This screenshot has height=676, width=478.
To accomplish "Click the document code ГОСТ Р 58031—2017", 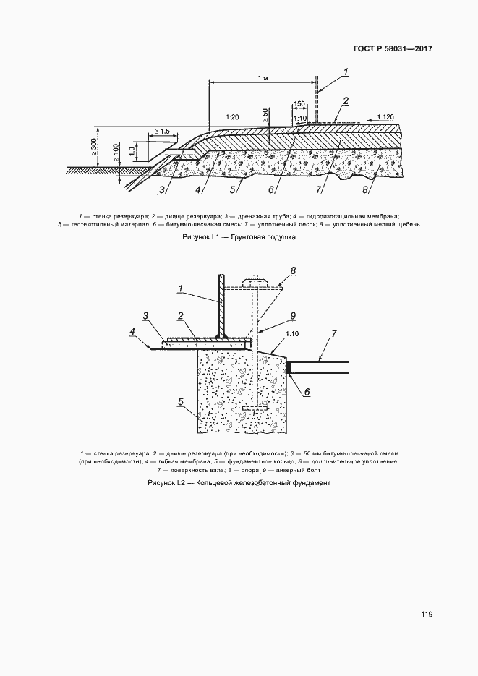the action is pyautogui.click(x=393, y=48).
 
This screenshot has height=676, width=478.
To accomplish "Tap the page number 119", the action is pyautogui.click(x=427, y=615).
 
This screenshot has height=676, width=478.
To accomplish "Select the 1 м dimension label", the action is pyautogui.click(x=263, y=77).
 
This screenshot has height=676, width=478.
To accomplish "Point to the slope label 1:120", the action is pyautogui.click(x=385, y=116).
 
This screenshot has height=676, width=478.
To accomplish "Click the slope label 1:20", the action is pyautogui.click(x=232, y=117).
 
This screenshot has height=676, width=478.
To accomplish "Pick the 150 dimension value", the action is pyautogui.click(x=299, y=104).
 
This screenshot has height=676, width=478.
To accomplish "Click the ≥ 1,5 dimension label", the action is pyautogui.click(x=162, y=131).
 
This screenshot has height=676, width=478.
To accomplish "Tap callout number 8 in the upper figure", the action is pyautogui.click(x=365, y=189).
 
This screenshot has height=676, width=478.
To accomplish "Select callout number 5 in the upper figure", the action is pyautogui.click(x=233, y=189).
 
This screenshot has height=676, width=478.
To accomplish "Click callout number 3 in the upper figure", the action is pyautogui.click(x=162, y=189).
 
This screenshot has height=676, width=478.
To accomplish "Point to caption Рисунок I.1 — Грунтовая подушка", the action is pyautogui.click(x=239, y=237).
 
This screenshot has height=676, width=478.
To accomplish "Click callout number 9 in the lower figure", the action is pyautogui.click(x=293, y=316).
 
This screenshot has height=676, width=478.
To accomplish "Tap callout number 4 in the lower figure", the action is pyautogui.click(x=132, y=331).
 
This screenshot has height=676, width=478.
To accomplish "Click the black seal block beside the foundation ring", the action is pyautogui.click(x=289, y=368).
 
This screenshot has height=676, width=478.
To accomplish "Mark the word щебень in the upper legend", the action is pyautogui.click(x=408, y=224).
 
